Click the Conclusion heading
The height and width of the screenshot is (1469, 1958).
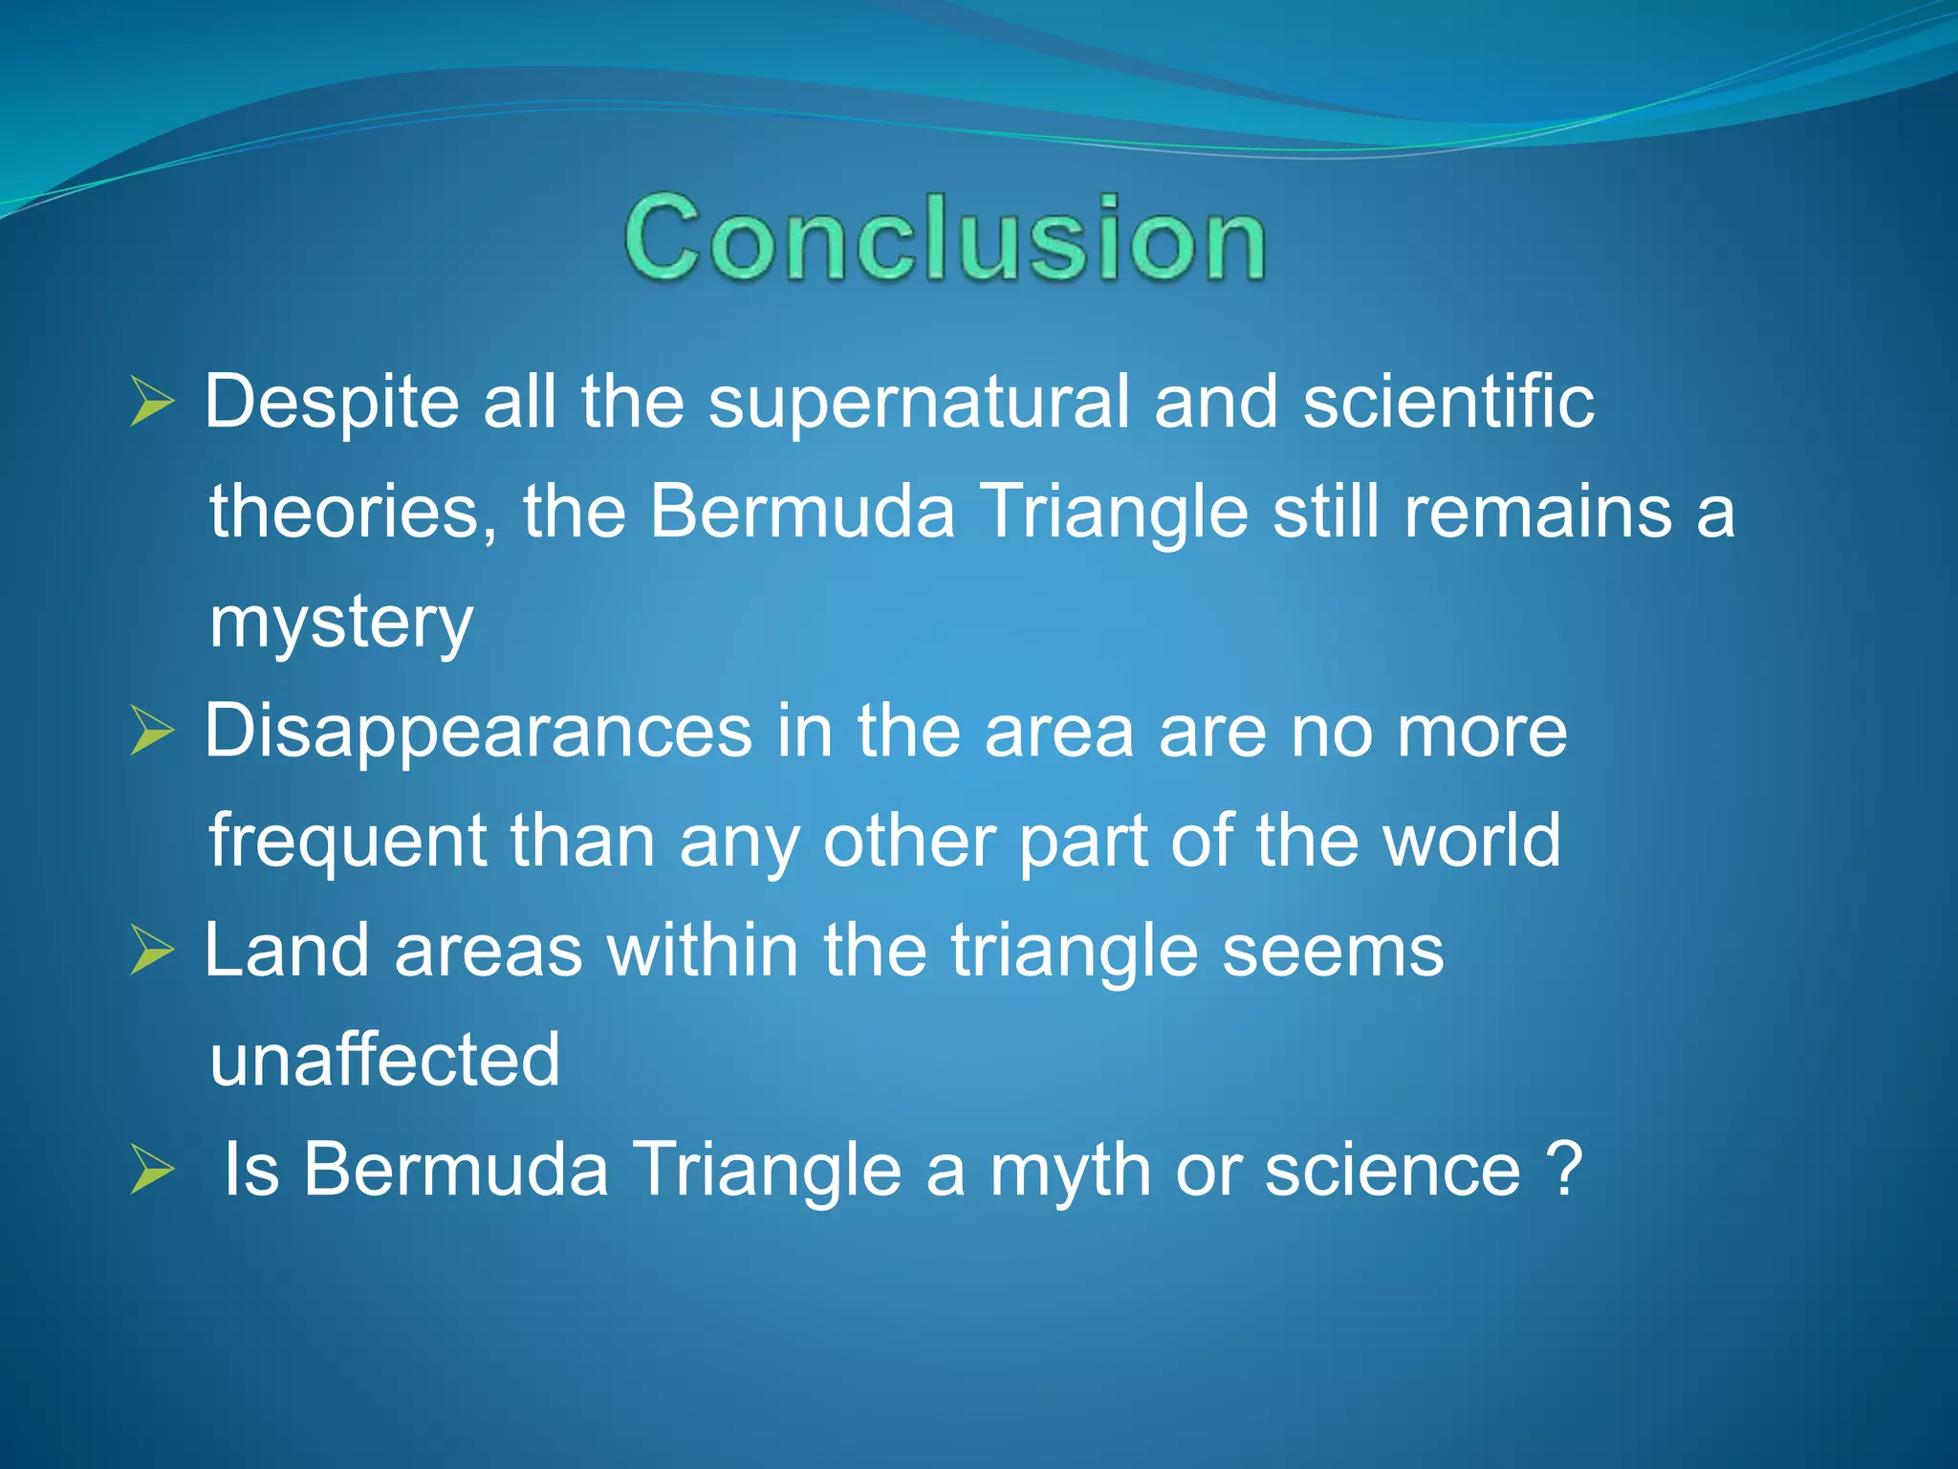tap(945, 237)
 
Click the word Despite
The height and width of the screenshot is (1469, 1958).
tap(332, 402)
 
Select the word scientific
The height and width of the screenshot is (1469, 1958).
tap(1448, 402)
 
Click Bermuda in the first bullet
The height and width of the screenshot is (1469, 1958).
tap(801, 512)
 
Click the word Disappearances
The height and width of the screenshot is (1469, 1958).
tap(478, 733)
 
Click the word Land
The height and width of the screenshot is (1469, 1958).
tap(287, 951)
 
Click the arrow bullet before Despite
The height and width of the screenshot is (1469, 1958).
tap(152, 402)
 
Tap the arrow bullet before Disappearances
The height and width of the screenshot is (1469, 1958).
tap(152, 733)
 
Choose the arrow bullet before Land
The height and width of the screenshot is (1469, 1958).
tap(152, 951)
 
